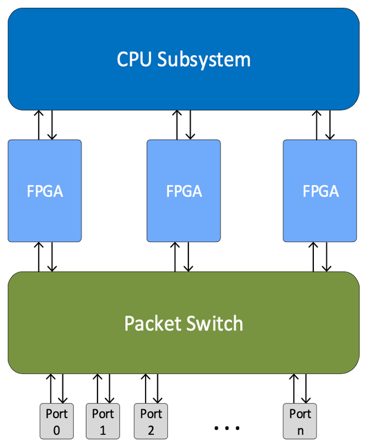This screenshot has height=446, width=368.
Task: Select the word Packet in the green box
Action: point(152,323)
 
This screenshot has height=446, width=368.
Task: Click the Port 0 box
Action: point(57,421)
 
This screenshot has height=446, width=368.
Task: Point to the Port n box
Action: point(300,421)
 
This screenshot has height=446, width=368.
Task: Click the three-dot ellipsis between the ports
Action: point(226,428)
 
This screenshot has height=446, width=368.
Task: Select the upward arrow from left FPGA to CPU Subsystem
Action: point(39,125)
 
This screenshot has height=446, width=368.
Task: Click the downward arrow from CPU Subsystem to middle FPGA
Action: point(190,125)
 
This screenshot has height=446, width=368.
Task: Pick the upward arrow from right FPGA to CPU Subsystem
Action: point(315,125)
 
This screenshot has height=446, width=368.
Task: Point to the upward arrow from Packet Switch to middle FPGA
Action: point(177,257)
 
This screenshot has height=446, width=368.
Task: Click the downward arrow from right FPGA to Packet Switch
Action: point(327,257)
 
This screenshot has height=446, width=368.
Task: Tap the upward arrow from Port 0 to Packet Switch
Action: point(51,388)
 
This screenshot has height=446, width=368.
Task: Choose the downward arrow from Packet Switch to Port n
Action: point(306,388)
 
